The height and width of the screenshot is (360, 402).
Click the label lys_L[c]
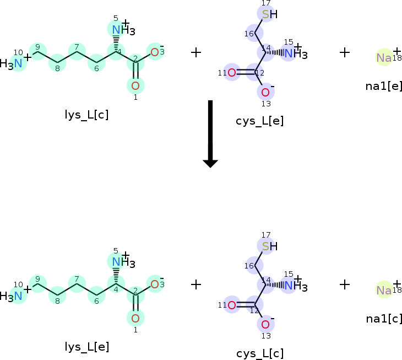point(86,115)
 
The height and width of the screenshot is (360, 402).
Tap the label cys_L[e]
point(260,121)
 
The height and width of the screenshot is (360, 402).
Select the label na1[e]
point(384,86)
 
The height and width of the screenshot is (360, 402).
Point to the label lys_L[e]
point(87,347)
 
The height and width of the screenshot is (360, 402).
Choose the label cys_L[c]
point(260,353)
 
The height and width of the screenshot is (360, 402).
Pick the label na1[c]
point(384,318)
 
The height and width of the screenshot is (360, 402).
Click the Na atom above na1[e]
point(384,57)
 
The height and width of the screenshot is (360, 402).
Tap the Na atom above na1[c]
point(384,290)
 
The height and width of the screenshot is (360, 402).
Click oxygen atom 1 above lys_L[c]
point(135,85)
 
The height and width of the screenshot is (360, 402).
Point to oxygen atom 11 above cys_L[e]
point(232,73)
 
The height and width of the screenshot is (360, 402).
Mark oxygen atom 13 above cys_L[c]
point(265,324)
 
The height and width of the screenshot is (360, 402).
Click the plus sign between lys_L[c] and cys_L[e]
point(195,52)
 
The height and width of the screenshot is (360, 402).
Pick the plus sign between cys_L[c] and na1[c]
point(344,284)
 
